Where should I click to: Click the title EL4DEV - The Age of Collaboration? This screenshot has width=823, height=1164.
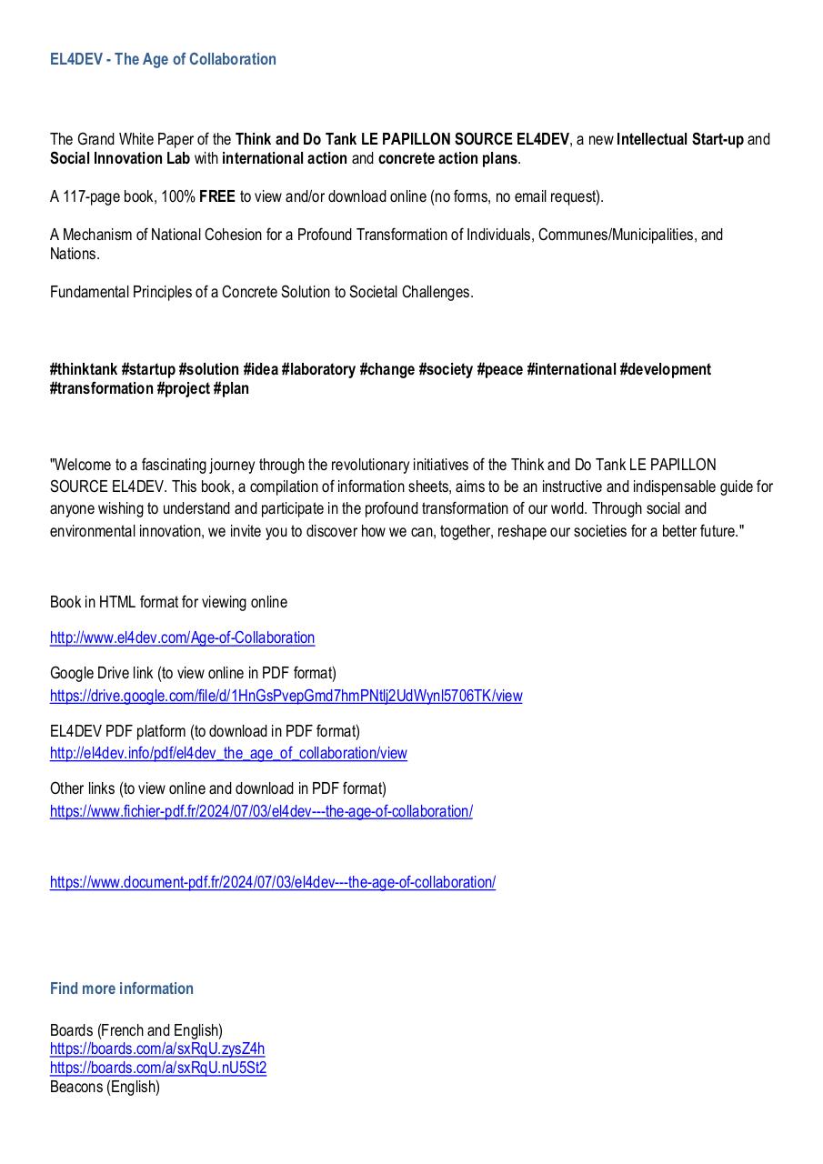click(163, 59)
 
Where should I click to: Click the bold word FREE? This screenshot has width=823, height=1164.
click(217, 196)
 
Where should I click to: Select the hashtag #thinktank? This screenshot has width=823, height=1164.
click(84, 369)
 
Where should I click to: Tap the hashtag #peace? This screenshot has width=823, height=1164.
click(499, 369)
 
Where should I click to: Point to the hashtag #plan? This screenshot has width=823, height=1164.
click(231, 388)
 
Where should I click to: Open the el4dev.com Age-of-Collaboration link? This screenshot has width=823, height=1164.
click(182, 637)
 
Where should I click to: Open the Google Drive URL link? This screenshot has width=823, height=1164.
click(286, 696)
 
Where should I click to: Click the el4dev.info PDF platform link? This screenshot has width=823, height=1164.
click(228, 753)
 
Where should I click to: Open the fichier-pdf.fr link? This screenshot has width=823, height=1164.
click(261, 811)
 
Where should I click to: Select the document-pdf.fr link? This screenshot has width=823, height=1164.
click(273, 882)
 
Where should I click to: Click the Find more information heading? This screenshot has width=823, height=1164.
click(122, 988)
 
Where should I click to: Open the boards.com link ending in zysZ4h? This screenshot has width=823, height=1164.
click(157, 1049)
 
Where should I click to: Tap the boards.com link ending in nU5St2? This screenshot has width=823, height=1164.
click(158, 1068)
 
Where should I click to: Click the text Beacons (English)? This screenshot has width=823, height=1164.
click(105, 1087)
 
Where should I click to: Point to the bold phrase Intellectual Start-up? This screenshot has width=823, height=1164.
click(680, 139)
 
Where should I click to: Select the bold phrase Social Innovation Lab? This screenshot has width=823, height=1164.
click(120, 158)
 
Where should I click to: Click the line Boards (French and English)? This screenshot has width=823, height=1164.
click(136, 1030)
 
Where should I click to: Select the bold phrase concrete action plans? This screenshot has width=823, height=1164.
click(447, 158)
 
